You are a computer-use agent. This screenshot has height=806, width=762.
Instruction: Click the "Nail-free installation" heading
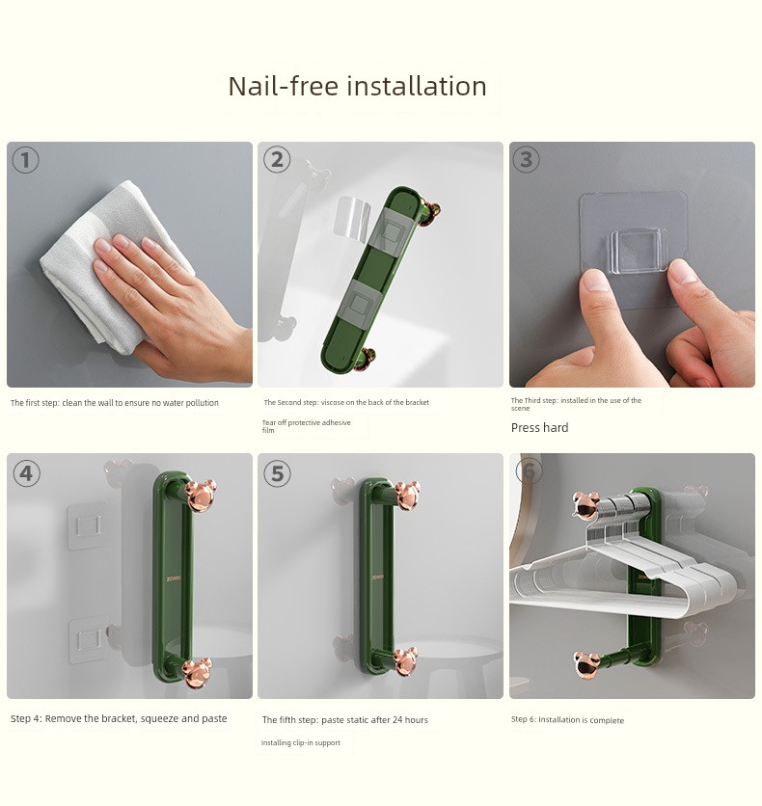(357, 86)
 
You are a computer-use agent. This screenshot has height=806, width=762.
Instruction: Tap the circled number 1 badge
(25, 160)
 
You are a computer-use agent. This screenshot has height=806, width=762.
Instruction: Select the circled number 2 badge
(277, 159)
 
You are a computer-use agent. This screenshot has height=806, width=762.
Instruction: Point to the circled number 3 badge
(526, 159)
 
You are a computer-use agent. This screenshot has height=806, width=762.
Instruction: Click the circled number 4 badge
(26, 473)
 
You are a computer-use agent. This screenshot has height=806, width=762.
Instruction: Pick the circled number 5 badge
(277, 473)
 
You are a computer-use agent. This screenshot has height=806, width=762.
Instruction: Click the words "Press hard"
(539, 428)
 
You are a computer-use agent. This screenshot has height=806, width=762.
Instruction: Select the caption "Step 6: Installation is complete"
(567, 719)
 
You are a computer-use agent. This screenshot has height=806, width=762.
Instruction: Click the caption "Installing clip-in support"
(300, 742)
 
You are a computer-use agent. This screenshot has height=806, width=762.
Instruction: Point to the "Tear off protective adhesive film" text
(306, 426)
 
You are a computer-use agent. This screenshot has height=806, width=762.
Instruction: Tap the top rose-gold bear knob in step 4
(201, 495)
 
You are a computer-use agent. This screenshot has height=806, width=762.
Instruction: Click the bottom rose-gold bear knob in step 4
(198, 672)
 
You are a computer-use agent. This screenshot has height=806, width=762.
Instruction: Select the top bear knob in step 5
(407, 495)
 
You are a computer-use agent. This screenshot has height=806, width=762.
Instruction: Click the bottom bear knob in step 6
(586, 665)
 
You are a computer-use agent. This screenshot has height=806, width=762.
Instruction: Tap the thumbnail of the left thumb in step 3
(594, 281)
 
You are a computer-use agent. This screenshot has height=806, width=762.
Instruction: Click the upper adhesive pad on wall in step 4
(87, 526)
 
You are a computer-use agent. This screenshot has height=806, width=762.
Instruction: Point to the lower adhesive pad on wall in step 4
(88, 640)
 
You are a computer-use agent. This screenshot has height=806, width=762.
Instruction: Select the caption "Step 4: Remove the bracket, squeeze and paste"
(119, 718)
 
